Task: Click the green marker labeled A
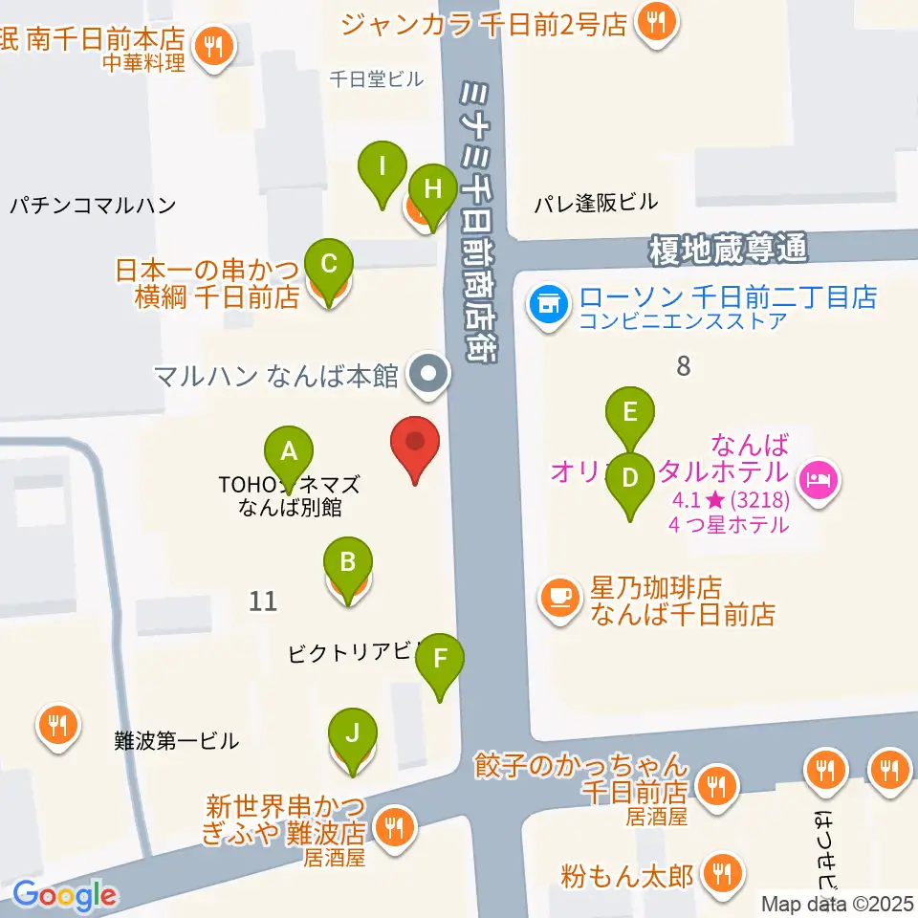click(x=289, y=450)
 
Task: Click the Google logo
click(x=65, y=896)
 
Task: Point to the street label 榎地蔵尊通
click(x=728, y=251)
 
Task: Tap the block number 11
click(x=263, y=601)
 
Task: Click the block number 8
click(x=683, y=365)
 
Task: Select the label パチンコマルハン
click(x=93, y=205)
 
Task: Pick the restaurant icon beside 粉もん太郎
click(x=718, y=874)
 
